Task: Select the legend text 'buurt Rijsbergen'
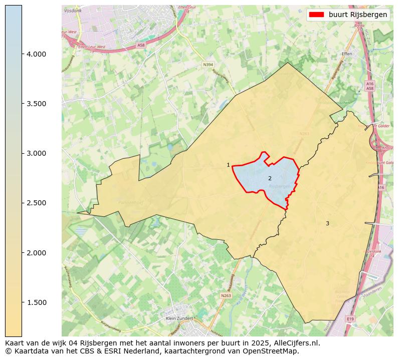(358, 15)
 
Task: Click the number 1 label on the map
(228, 165)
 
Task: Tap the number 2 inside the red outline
(270, 178)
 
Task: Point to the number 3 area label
(327, 223)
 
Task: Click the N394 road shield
(208, 65)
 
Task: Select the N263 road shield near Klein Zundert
(226, 296)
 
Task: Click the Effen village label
(346, 53)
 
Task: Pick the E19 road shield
(350, 318)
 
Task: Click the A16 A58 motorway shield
(370, 86)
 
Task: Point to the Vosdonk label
(73, 11)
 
